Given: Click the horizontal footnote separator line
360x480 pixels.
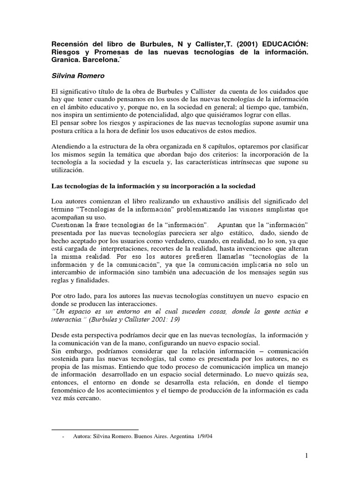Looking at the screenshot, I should click(94, 429).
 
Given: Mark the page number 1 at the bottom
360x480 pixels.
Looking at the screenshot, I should click(305, 456).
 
